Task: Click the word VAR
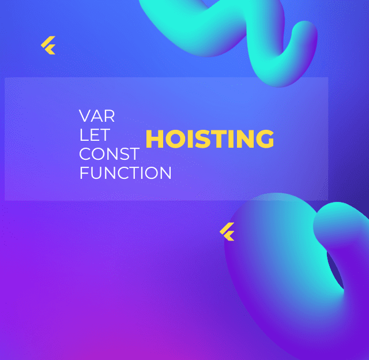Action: [x=97, y=116]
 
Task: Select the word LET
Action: [x=94, y=135]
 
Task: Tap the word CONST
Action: [x=109, y=154]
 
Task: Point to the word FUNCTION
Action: [x=125, y=173]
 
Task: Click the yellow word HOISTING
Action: [x=209, y=139]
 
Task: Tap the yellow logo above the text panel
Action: [x=48, y=46]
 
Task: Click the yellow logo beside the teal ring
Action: [x=227, y=231]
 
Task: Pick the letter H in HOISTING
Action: [x=153, y=139]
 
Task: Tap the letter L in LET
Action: [x=83, y=135]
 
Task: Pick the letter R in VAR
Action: [x=110, y=116]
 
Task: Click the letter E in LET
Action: [x=93, y=135]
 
